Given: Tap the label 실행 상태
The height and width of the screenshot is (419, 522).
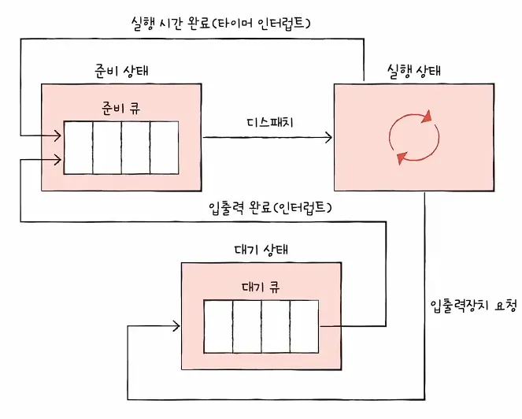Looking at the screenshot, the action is coord(414,70).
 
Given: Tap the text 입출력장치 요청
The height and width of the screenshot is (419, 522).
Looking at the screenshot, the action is coord(472,305).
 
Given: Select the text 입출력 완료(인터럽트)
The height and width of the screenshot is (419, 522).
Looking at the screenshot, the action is coord(269,207).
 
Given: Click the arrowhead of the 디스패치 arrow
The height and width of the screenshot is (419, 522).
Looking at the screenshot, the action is coord(328,137).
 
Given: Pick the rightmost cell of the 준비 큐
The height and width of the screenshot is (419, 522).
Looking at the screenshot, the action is coord(164,147).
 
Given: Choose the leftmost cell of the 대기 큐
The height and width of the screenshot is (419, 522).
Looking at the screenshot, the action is coord(218,326).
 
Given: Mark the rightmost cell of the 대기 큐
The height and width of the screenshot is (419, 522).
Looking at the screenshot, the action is coord(303,326).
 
